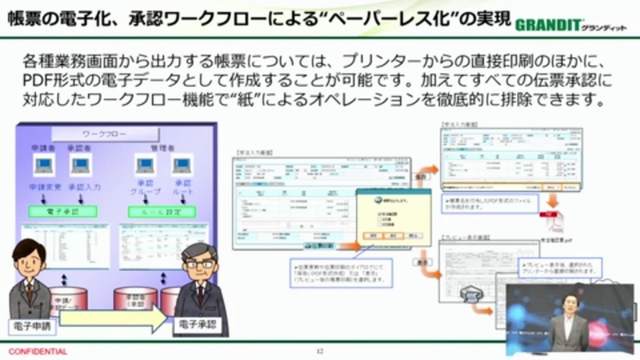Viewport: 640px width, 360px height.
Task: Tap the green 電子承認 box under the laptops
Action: pyautogui.click(x=62, y=211)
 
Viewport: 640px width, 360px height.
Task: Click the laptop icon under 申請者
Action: pyautogui.click(x=44, y=165)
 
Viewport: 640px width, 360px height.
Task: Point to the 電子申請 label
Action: pyautogui.click(x=31, y=327)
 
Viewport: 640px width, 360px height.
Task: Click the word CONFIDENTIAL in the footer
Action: pyautogui.click(x=37, y=351)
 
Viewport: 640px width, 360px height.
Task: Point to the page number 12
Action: pyautogui.click(x=319, y=351)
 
